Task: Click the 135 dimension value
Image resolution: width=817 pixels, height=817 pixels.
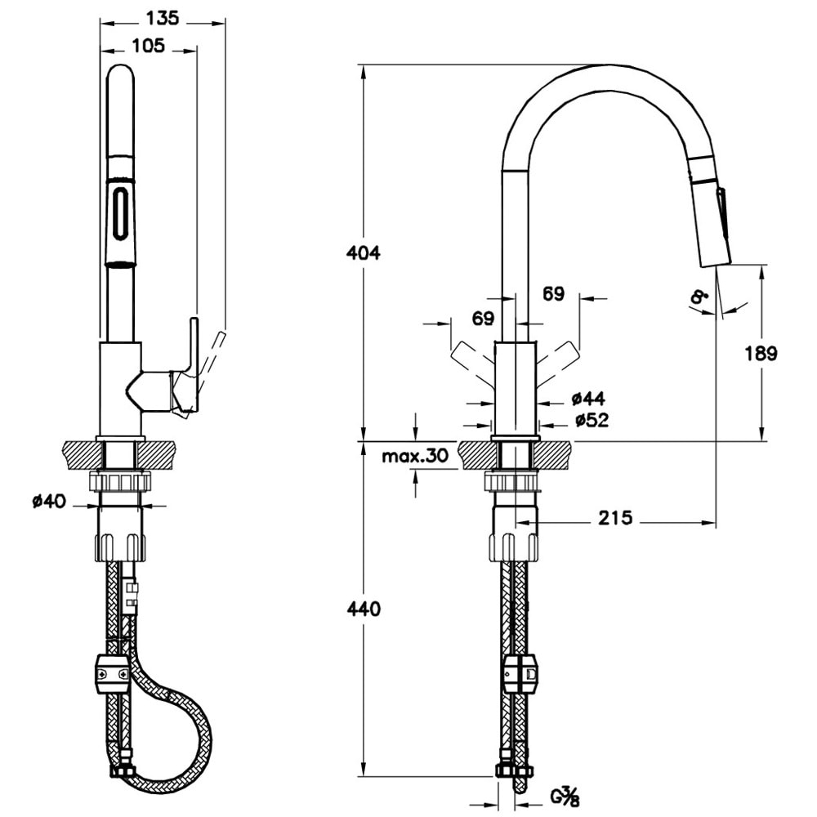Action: pos(163,16)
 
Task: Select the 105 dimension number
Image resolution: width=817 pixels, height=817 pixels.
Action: pos(148,46)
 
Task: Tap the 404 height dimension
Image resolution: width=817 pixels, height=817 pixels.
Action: pos(364,253)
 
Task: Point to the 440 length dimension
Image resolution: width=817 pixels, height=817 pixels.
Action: pos(364,609)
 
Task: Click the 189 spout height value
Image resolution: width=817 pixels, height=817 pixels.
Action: pos(761,353)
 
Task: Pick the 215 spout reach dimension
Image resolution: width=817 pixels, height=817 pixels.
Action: pos(615,518)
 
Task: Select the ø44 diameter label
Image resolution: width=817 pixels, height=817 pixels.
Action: pos(587,399)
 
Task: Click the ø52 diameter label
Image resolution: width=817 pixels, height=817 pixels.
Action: pos(590,420)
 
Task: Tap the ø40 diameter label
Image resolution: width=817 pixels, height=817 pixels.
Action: pos(49,502)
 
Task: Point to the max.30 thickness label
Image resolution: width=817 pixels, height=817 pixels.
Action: pos(415,456)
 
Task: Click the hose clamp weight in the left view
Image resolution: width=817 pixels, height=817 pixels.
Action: pos(114,673)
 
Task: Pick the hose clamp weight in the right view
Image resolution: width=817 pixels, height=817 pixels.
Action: pos(520,673)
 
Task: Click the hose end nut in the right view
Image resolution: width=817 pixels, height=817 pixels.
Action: pos(515,770)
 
